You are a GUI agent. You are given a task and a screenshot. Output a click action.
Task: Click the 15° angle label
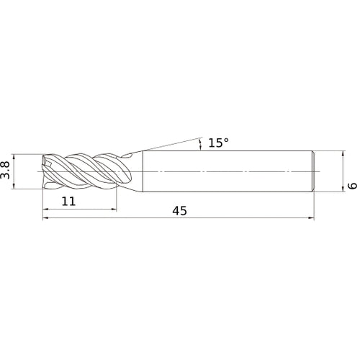pyautogui.click(x=218, y=143)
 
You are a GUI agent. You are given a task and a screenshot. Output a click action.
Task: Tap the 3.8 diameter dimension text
pyautogui.click(x=5, y=170)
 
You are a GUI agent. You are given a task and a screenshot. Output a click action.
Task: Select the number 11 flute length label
pyautogui.click(x=68, y=201)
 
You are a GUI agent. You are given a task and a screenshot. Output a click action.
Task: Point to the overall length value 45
pyautogui.click(x=179, y=211)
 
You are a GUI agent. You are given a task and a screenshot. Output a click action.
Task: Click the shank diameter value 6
pyautogui.click(x=352, y=186)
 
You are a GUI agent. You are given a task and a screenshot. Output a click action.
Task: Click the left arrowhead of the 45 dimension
pyautogui.click(x=45, y=218)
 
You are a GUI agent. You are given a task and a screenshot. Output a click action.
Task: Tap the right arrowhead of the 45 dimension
pyautogui.click(x=311, y=218)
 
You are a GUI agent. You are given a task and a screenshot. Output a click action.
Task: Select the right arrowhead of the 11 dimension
pyautogui.click(x=114, y=210)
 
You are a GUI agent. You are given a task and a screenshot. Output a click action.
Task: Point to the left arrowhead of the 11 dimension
pyautogui.click(x=45, y=210)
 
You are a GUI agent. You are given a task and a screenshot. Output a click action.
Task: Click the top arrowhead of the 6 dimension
pyautogui.click(x=343, y=153)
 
